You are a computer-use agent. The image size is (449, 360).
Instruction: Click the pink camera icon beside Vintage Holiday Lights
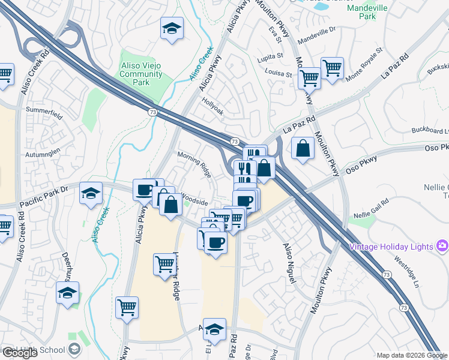443,245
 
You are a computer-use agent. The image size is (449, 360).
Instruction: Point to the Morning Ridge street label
194,163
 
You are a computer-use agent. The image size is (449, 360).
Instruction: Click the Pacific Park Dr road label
45,196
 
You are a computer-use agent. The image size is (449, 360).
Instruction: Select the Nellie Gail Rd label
372,214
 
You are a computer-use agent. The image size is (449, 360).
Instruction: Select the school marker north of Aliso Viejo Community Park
172,28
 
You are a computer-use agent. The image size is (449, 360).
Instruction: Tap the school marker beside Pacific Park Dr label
91,192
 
